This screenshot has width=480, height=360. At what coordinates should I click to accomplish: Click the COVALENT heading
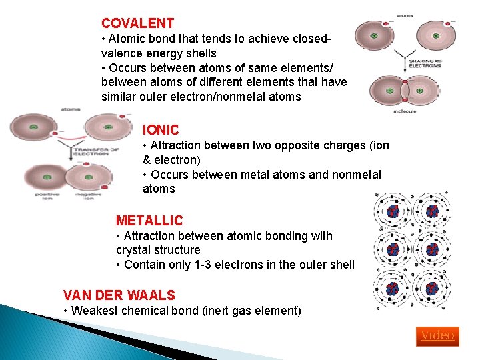[x=137, y=23]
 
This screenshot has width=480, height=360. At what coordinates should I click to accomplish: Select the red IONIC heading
[x=161, y=130]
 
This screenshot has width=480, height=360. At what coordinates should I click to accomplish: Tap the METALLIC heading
[x=149, y=220]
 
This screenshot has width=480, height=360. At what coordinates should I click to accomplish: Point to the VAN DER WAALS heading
[x=119, y=295]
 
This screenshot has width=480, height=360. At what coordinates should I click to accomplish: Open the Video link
[x=437, y=335]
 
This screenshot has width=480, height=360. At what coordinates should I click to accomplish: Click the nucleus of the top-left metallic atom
[x=393, y=212]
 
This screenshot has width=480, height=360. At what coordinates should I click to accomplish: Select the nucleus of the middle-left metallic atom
[x=393, y=251]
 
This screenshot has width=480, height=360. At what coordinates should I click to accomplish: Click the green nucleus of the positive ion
[x=47, y=177]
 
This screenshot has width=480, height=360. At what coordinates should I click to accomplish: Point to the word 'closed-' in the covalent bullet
[x=307, y=39]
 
